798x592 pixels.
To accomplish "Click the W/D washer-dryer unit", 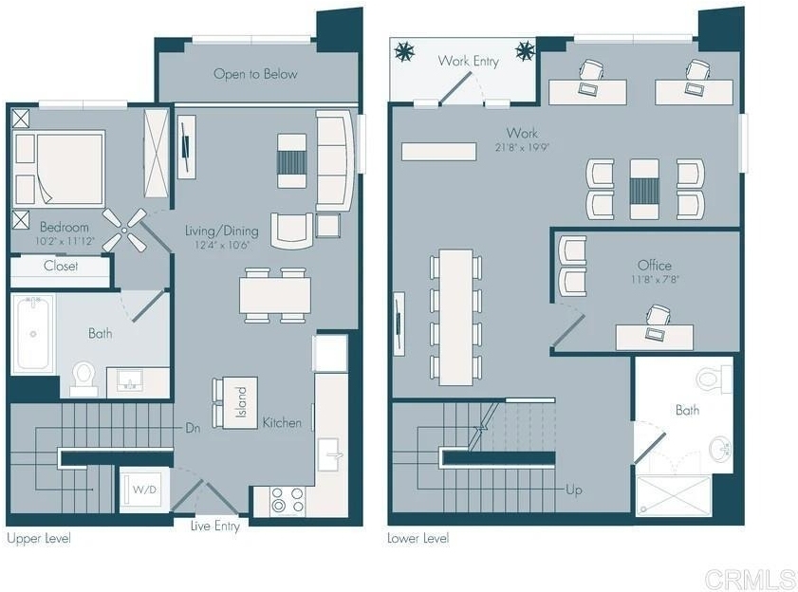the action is [x=144, y=490].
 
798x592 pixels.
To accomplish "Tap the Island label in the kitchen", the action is [x=241, y=402].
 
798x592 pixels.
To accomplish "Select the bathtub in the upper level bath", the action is [x=33, y=334].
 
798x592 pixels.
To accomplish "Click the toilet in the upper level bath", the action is [x=84, y=379].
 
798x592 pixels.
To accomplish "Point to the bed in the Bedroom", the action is [x=59, y=168].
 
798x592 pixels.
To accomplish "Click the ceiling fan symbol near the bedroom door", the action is [x=124, y=230].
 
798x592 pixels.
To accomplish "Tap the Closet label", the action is [x=61, y=266].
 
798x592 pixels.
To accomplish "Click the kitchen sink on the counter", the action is [x=330, y=454].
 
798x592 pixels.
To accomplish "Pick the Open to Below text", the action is [x=255, y=74].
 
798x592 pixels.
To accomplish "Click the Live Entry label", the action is [x=214, y=526].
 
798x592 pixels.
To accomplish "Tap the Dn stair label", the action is [x=193, y=428].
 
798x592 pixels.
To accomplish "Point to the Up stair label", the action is [x=573, y=490].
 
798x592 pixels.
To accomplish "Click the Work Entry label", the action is [x=468, y=61].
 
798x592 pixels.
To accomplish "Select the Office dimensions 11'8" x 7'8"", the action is [x=655, y=279].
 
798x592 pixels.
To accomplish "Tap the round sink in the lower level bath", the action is [x=720, y=448].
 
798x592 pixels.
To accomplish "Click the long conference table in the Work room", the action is [x=456, y=317].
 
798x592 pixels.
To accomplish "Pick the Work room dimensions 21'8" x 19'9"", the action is [x=522, y=148].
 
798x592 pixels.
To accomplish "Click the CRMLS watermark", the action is [x=750, y=580].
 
